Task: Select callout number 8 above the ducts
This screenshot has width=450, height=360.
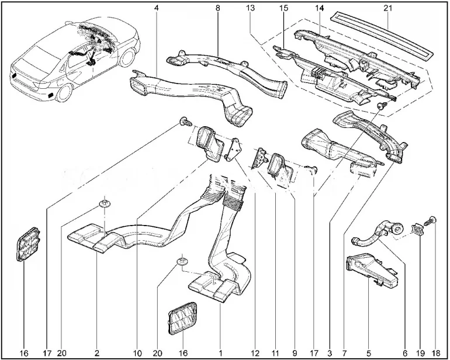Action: tap(217, 8)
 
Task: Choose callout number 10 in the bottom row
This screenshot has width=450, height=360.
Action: tap(137, 353)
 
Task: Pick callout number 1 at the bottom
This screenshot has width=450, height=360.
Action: tap(221, 353)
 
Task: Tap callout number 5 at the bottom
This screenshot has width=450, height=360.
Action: tap(368, 353)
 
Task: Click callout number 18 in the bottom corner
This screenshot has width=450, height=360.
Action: tap(435, 353)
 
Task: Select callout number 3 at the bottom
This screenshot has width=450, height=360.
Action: tap(330, 353)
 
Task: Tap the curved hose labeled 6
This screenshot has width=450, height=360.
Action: tap(374, 234)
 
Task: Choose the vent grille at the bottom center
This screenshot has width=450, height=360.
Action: tap(184, 320)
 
